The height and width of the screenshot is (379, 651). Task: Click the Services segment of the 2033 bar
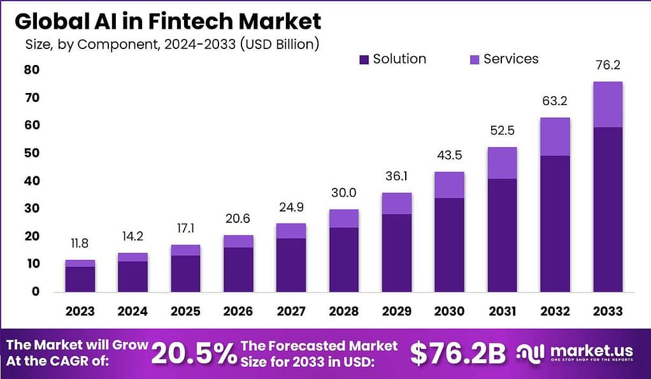point(608,104)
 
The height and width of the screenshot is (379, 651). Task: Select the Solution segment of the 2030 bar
point(450,245)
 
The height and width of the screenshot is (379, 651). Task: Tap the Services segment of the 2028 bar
point(345,218)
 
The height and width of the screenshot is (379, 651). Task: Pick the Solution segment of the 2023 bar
point(80,279)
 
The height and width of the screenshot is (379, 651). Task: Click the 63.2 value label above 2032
point(555,101)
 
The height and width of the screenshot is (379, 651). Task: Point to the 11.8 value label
point(80,243)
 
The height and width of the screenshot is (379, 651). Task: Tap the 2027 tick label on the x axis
point(292,311)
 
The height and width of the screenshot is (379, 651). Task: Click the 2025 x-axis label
point(186,311)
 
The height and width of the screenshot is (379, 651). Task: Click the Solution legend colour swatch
point(364,60)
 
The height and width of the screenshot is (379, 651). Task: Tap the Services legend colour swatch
point(475,60)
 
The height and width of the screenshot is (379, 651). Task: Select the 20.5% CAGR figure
point(194,354)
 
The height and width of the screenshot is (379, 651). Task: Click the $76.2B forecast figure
point(457,354)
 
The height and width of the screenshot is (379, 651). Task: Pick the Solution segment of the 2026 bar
point(239,269)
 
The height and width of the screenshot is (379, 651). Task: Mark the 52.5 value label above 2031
point(503,131)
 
